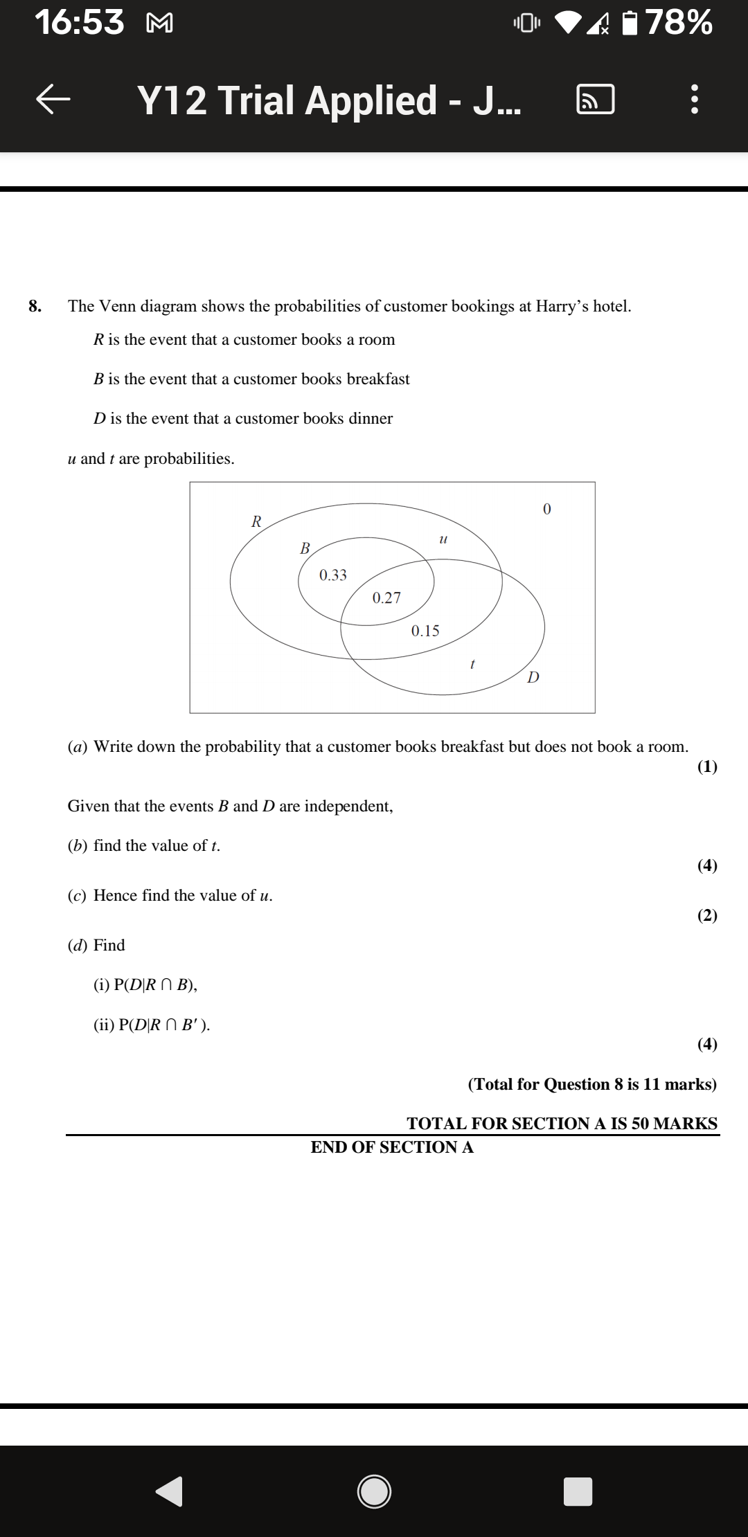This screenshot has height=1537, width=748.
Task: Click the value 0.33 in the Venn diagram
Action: pyautogui.click(x=333, y=575)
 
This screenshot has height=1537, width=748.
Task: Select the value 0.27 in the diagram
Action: pyautogui.click(x=386, y=598)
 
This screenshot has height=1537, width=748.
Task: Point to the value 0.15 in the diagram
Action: pyautogui.click(x=425, y=631)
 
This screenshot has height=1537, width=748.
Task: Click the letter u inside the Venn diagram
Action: pyautogui.click(x=444, y=538)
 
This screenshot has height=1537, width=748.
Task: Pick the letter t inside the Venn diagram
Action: pyautogui.click(x=472, y=664)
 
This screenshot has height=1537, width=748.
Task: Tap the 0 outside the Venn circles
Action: pyautogui.click(x=546, y=510)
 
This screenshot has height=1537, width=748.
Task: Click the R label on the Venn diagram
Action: pyautogui.click(x=256, y=522)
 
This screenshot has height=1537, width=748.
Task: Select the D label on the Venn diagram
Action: pyautogui.click(x=533, y=677)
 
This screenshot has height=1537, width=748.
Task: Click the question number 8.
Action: pyautogui.click(x=35, y=306)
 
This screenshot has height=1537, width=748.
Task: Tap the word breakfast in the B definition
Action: pyautogui.click(x=377, y=379)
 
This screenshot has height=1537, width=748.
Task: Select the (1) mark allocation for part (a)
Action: pyautogui.click(x=707, y=766)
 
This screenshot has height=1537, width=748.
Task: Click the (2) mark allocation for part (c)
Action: pyautogui.click(x=707, y=915)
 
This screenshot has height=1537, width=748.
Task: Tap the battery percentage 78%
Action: pyautogui.click(x=679, y=22)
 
